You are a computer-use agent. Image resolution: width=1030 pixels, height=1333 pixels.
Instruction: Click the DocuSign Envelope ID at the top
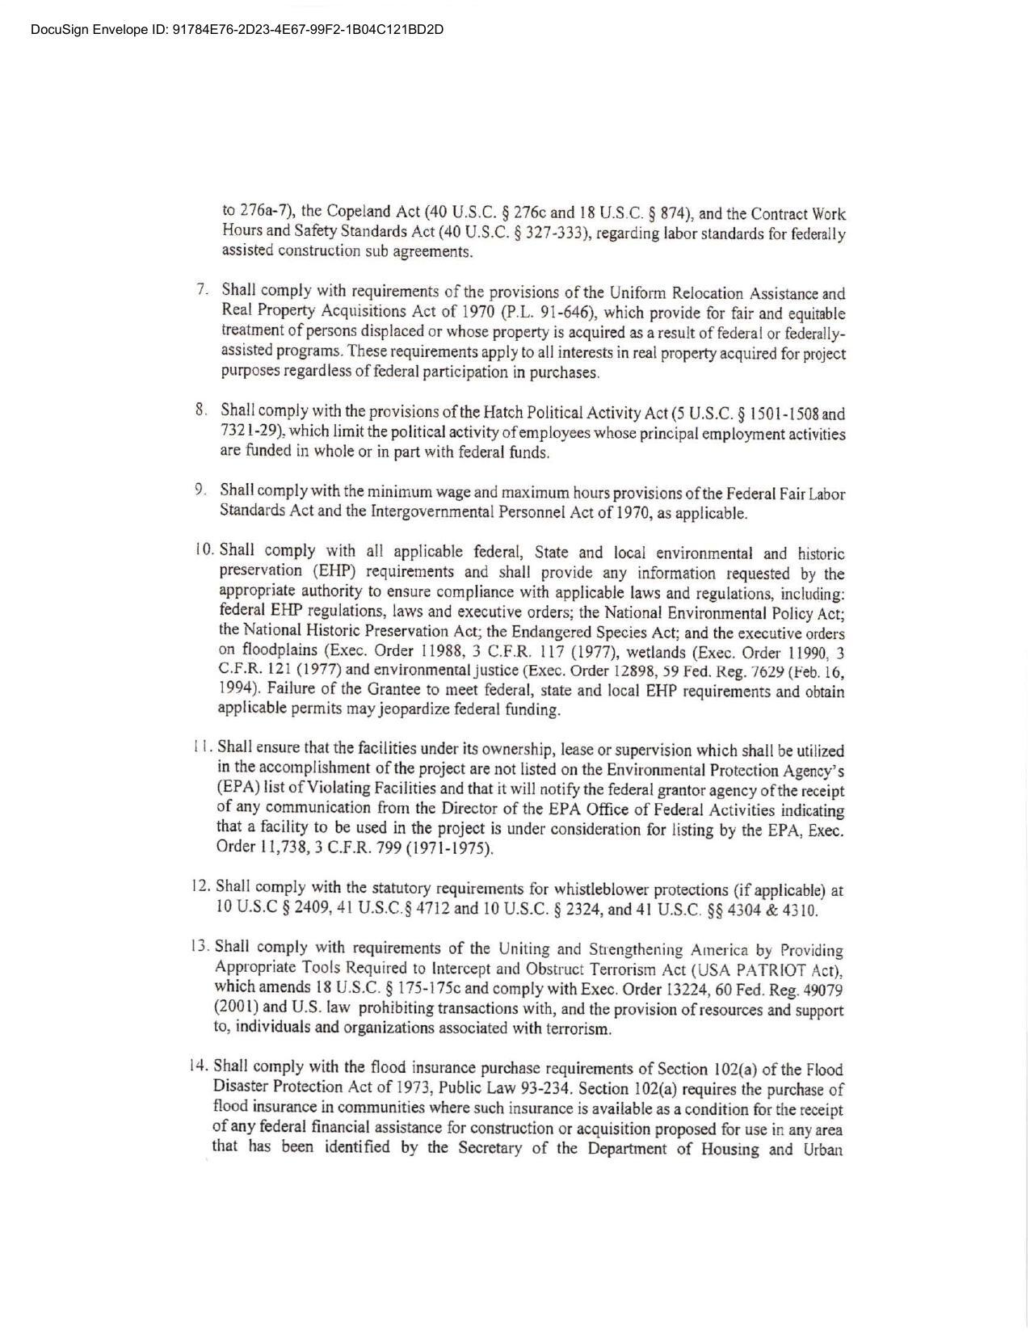(237, 30)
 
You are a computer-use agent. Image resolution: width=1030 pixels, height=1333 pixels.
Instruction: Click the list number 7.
(202, 289)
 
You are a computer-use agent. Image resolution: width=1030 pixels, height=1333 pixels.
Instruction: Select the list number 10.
(204, 549)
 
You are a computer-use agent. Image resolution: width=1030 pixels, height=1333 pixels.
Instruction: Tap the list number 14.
(199, 1065)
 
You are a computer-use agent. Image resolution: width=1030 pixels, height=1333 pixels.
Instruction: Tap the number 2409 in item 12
(313, 907)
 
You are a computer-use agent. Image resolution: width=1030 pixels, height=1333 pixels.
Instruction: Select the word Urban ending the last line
(823, 1149)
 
